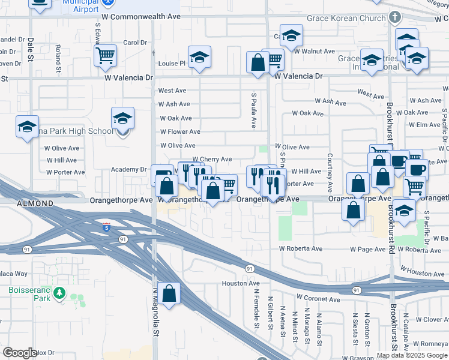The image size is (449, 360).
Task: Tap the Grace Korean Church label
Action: tap(346, 18)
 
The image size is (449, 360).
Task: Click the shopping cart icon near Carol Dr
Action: tap(105, 55)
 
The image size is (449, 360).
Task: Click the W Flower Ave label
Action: tap(180, 132)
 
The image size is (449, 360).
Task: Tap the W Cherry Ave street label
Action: tap(211, 159)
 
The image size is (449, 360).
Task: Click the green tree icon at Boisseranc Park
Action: tap(59, 293)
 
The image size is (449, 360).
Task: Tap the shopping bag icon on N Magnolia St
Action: tap(169, 293)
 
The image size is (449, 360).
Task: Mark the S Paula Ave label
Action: tap(254, 110)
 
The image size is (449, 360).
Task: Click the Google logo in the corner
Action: tap(20, 353)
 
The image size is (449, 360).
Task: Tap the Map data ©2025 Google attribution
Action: tap(412, 355)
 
